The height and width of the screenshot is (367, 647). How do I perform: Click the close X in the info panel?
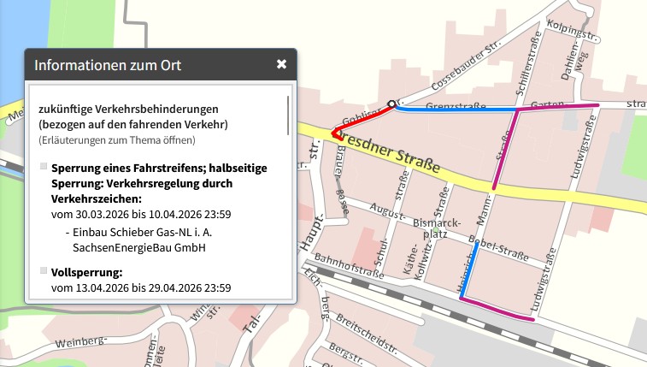point(281,64)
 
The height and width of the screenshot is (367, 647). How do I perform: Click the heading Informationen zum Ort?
point(108,65)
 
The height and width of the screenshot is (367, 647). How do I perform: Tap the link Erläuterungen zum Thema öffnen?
point(117,139)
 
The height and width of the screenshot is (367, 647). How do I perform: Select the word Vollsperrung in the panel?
point(87,272)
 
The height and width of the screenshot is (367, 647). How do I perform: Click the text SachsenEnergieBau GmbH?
point(139,247)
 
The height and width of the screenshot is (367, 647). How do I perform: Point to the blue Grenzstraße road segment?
point(453,110)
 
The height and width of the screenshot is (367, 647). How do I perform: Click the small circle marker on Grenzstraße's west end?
point(391,104)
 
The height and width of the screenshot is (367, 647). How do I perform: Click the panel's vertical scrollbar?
point(288,111)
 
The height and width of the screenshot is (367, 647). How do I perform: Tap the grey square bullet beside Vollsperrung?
point(44,271)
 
